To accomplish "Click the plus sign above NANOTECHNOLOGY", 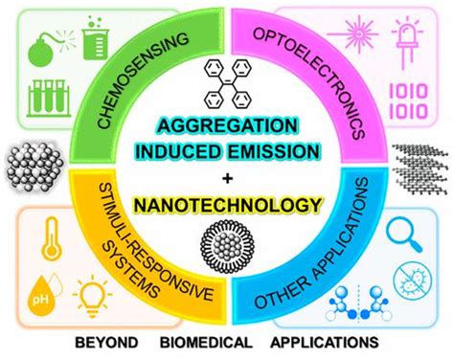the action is pyautogui.click(x=226, y=180).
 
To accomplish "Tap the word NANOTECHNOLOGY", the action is pyautogui.click(x=226, y=204).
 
